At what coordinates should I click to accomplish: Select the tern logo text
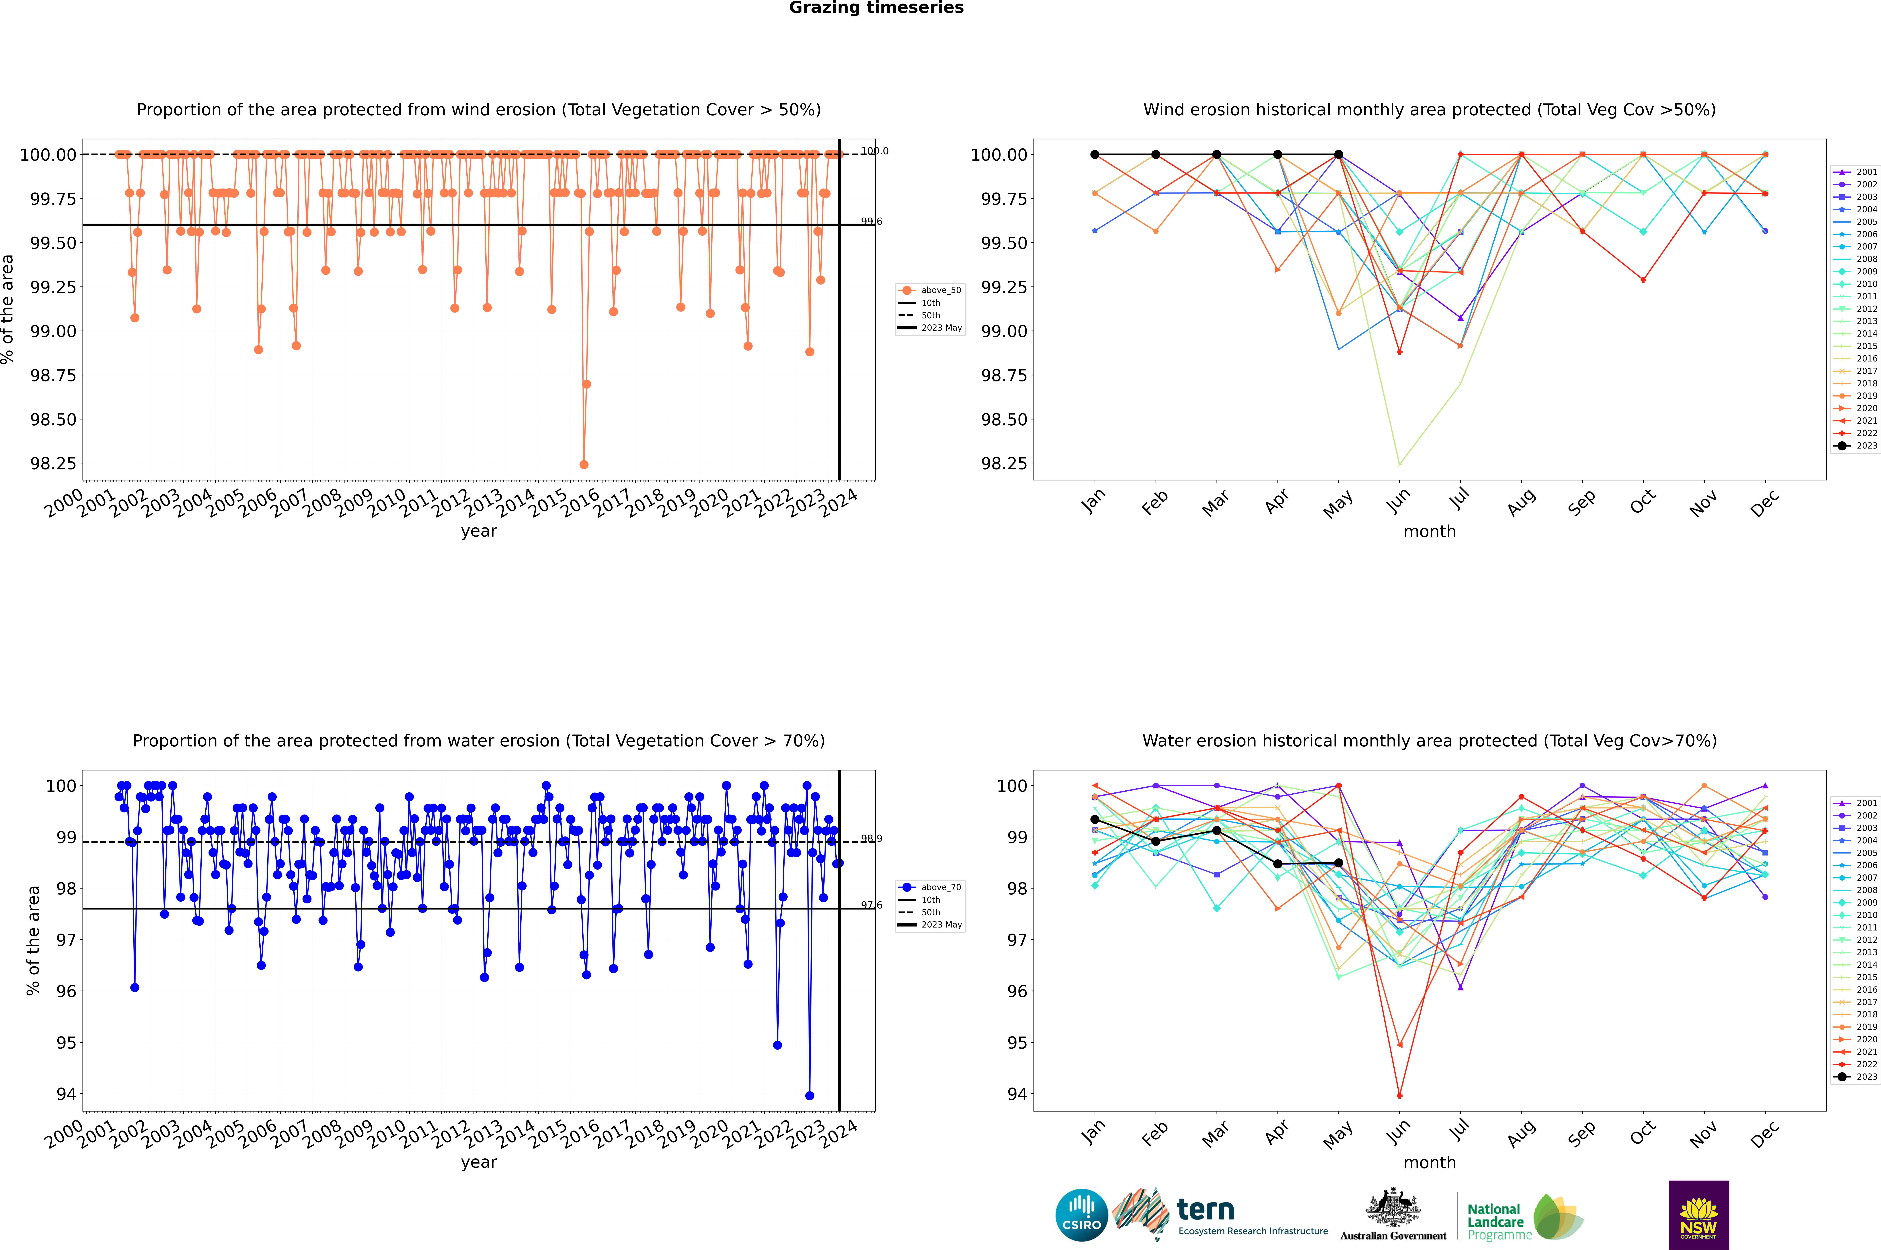(x=1206, y=1210)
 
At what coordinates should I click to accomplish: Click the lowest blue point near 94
(x=809, y=1095)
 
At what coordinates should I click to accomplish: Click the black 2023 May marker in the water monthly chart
(x=1338, y=863)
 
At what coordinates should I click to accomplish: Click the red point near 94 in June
(x=1399, y=1095)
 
